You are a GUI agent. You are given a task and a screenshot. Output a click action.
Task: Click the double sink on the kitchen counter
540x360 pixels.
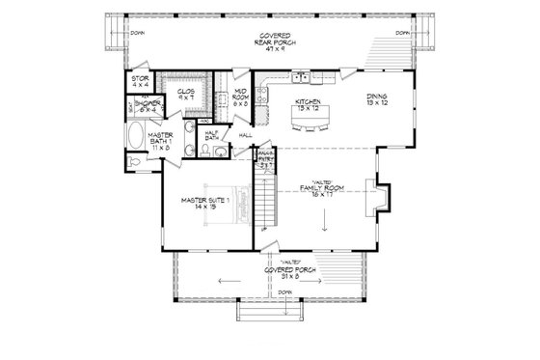(302, 74)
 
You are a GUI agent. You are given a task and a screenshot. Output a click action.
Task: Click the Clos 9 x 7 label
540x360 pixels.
(187, 94)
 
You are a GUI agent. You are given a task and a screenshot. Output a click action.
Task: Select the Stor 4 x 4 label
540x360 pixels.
(140, 81)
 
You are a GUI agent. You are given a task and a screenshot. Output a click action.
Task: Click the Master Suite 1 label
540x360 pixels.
(204, 203)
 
